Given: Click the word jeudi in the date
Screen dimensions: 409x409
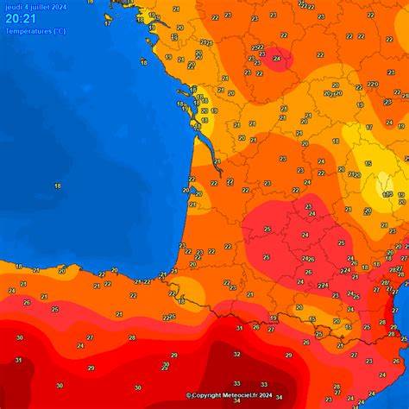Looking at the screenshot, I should pyautogui.click(x=13, y=7).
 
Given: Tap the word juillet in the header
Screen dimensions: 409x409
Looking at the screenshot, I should pyautogui.click(x=37, y=7).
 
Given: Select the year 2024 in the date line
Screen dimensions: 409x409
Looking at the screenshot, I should pyautogui.click(x=58, y=7).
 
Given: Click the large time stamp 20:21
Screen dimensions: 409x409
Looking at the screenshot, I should pyautogui.click(x=21, y=18).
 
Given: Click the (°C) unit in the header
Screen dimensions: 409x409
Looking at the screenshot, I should pyautogui.click(x=58, y=31).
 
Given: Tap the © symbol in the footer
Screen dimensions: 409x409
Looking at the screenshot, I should pyautogui.click(x=189, y=396).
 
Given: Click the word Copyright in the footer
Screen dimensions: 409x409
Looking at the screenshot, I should pyautogui.click(x=207, y=396).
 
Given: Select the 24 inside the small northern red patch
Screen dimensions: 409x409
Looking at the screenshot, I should pyautogui.click(x=276, y=59).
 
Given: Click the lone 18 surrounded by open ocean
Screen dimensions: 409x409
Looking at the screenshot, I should pyautogui.click(x=57, y=186).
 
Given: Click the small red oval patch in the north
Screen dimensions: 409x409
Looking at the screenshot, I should pyautogui.click(x=279, y=59).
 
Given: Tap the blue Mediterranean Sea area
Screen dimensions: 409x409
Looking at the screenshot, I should pyautogui.click(x=399, y=345).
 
